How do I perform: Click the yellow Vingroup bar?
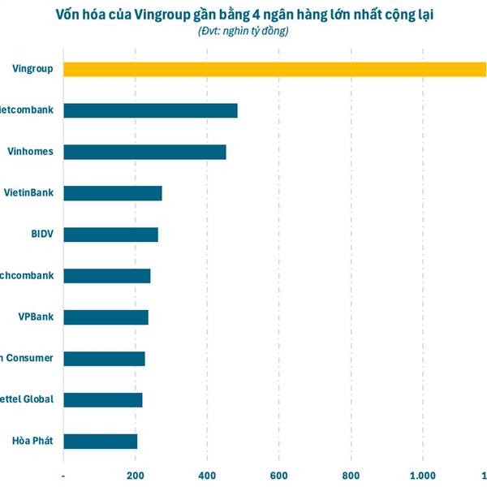pos(274,69)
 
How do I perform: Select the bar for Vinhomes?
pos(144,152)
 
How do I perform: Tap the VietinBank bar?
pos(112,193)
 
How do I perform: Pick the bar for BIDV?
pos(110,235)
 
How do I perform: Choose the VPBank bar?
pos(106,317)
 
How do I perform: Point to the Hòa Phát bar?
pos(100,442)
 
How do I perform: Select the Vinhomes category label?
pos(31,152)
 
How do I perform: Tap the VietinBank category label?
pos(29,193)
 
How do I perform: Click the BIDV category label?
pos(41,235)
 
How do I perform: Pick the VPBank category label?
pos(36,317)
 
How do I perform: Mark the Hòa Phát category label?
pos(32,442)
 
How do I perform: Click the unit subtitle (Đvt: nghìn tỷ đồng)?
pos(243,31)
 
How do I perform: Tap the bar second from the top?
pos(150,110)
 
